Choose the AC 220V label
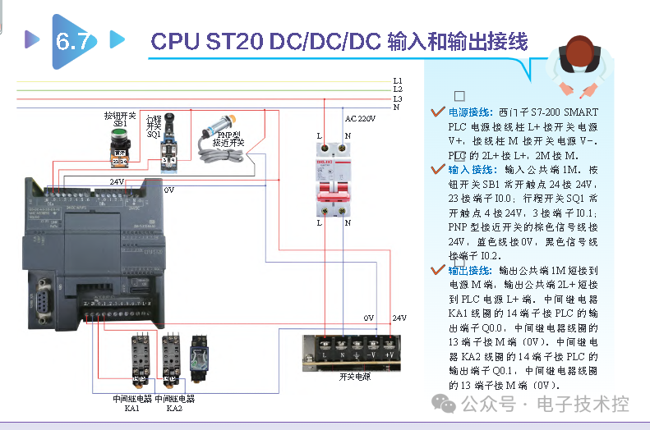coord(360,119)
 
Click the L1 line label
coord(398,80)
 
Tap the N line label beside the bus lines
coord(397,107)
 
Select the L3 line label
coord(398,98)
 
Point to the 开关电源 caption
coord(354,377)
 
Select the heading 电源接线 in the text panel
coord(471,112)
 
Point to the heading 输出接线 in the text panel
coord(470,270)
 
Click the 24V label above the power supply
coord(399,318)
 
